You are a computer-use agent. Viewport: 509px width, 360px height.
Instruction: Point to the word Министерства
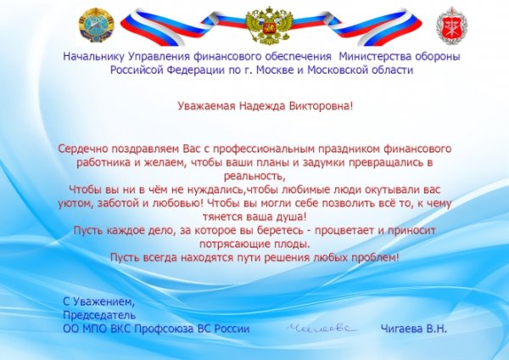pos(373,56)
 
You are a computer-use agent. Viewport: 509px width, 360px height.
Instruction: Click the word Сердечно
pos(83,149)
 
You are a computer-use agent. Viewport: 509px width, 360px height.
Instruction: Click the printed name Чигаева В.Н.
pos(414,328)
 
